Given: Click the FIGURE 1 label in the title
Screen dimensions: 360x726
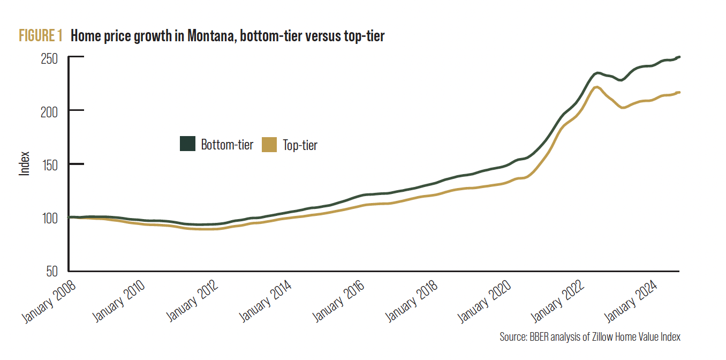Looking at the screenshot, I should coord(41,36).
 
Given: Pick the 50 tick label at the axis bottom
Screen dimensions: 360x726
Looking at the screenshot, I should coord(53,272).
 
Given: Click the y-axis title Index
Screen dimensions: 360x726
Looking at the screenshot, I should coord(25,164).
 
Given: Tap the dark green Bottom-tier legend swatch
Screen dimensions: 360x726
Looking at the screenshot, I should coord(187,144).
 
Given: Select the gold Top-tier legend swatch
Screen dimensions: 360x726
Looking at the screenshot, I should coord(269,144).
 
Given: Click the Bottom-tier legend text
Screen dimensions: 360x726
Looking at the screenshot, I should coord(227,145).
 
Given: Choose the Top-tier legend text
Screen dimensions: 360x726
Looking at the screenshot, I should coord(300,145).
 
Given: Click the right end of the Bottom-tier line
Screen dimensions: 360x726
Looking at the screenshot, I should coord(679,57).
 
